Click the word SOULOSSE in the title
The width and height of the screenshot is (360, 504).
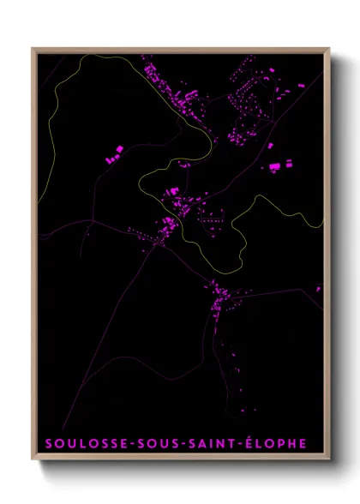tap(81, 443)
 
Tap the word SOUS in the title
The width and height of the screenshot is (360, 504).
tap(148, 443)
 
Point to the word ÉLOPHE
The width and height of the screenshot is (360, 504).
tap(273, 443)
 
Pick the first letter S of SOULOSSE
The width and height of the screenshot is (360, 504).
tap(47, 443)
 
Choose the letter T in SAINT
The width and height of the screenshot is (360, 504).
tap(225, 443)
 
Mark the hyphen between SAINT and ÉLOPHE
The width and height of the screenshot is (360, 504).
tap(235, 444)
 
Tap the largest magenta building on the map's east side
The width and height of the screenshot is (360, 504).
tap(275, 167)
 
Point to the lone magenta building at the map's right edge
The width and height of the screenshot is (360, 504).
tap(318, 289)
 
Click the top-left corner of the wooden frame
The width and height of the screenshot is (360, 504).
tap(33, 49)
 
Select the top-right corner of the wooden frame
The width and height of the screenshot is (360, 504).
tap(329, 49)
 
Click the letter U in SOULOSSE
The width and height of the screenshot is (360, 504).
tap(69, 443)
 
